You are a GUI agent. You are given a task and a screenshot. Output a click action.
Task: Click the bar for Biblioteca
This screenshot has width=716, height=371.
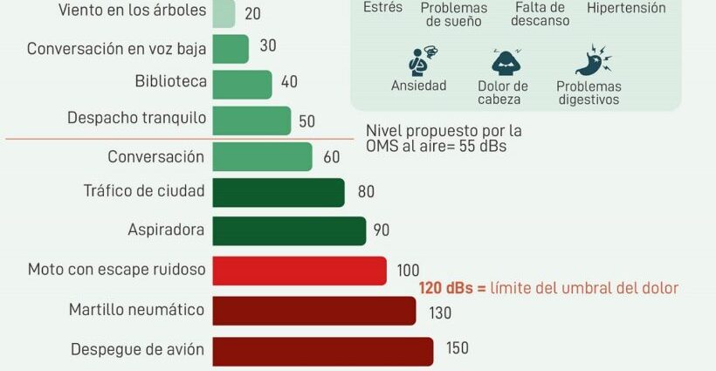pos(242,85)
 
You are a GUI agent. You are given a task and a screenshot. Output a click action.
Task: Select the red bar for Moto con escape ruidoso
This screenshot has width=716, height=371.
pos(299,271)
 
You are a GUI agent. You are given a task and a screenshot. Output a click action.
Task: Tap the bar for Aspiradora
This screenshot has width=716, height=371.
pos(289,231)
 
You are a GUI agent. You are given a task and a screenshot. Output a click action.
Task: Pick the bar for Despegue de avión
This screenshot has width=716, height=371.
pos(323,352)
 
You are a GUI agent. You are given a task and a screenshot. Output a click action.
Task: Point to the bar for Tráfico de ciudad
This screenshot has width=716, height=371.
pos(279,193)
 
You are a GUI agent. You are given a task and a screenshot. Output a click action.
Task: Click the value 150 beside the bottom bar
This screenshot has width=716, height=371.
pos(457,348)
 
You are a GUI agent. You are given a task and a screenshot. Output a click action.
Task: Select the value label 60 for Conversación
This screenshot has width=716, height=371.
pos(332,157)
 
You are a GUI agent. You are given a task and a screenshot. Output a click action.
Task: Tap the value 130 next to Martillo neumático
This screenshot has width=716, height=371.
pos(440,313)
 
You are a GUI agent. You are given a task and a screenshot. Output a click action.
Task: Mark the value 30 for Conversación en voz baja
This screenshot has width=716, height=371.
pos(268,45)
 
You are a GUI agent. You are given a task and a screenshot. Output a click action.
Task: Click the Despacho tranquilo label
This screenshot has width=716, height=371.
pos(136,118)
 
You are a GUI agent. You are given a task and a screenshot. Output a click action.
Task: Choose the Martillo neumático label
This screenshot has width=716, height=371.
pos(136,310)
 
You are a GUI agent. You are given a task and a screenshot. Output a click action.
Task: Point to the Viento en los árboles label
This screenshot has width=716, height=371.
pos(133,10)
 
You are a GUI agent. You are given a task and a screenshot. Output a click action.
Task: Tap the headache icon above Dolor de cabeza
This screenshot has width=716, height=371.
pos(506,62)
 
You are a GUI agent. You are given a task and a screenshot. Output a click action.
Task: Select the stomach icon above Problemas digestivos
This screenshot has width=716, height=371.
pos(593,59)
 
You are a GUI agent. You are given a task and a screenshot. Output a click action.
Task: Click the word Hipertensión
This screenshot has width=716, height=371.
pos(626,8)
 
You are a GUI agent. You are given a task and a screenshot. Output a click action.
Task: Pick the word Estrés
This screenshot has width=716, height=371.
pos(382,7)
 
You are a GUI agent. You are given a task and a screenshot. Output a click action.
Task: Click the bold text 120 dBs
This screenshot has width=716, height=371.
pos(446,288)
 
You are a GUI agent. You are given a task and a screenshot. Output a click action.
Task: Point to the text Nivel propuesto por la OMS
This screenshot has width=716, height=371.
pos(444,138)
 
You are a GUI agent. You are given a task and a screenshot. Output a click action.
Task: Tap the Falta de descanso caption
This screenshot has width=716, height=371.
pos(540,14)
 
